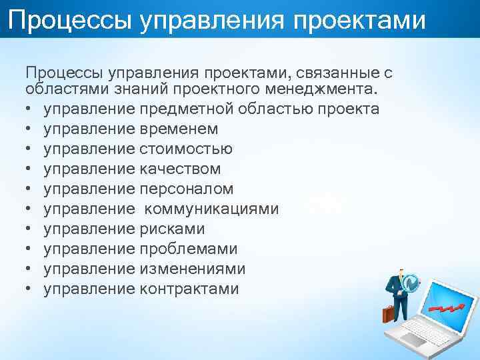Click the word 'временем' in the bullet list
pyautogui.click(x=179, y=129)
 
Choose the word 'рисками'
pyautogui.click(x=172, y=229)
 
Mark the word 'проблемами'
pyautogui.click(x=189, y=249)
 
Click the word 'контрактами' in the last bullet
pyautogui.click(x=189, y=289)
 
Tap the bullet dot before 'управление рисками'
pyautogui.click(x=30, y=229)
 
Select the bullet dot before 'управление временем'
pyautogui.click(x=30, y=129)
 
